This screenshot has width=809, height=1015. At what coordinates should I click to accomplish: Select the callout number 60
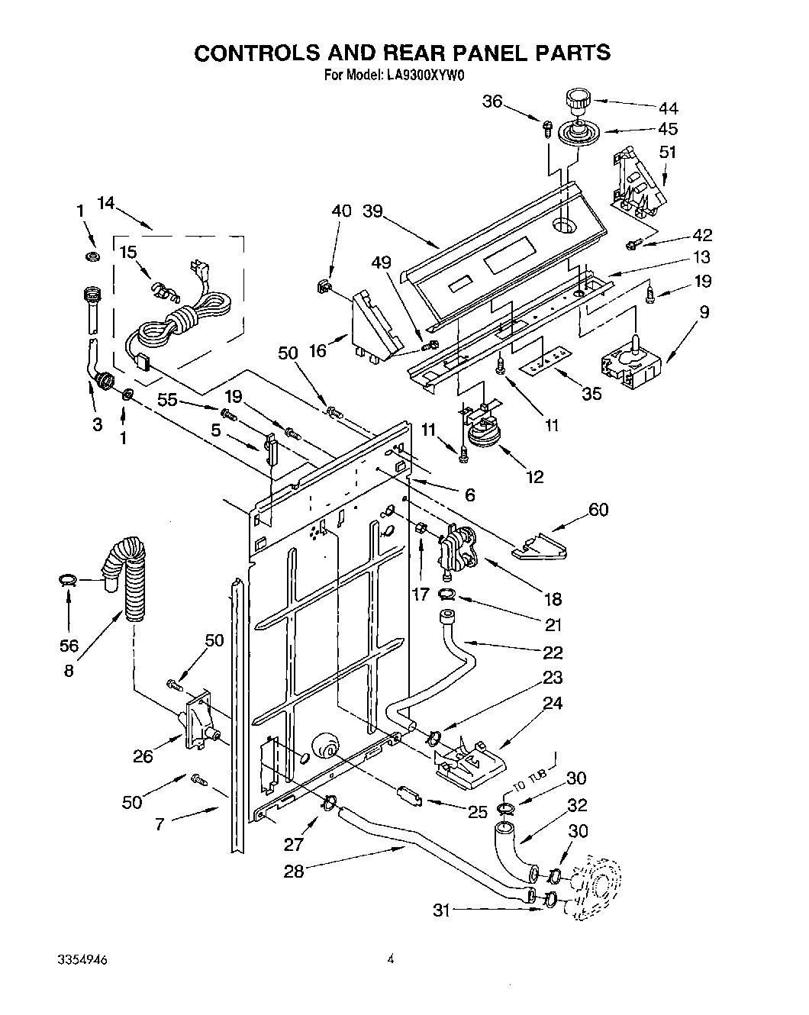(598, 508)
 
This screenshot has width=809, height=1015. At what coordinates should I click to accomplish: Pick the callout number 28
(294, 870)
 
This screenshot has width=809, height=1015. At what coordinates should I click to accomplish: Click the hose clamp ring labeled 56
(67, 582)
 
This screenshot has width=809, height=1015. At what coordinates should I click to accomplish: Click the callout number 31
(442, 909)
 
